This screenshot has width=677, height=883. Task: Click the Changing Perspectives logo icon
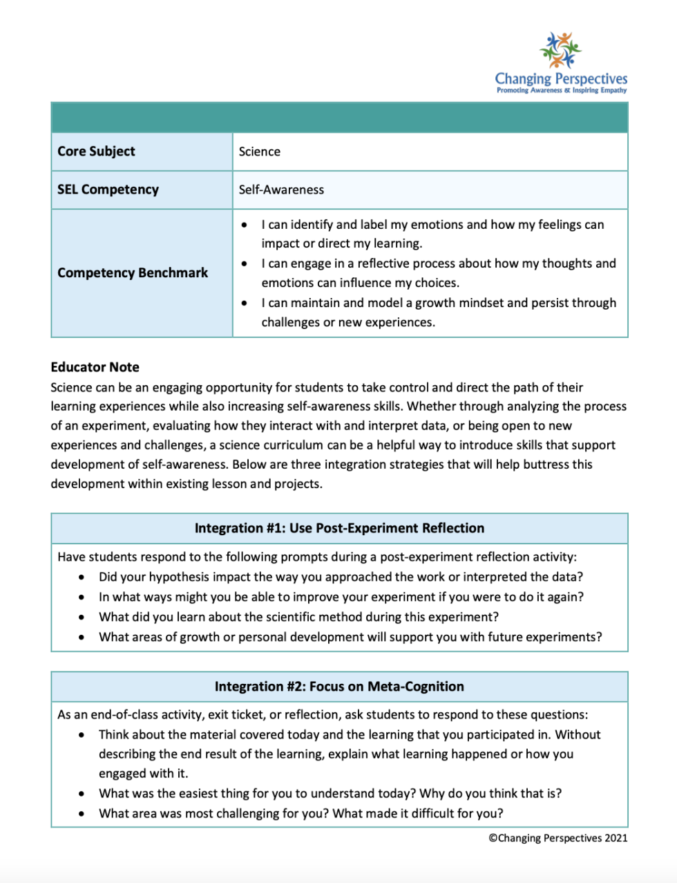tap(560, 50)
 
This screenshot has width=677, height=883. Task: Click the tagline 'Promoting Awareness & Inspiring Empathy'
tap(561, 91)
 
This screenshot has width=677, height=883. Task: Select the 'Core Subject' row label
tap(96, 151)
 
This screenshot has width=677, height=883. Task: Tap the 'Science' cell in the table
tap(260, 152)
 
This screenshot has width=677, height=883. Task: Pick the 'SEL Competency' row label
tap(108, 189)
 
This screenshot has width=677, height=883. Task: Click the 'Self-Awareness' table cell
tap(281, 190)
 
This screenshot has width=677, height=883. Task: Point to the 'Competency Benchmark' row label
tap(133, 273)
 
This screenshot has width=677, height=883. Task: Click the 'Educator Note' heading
tap(95, 367)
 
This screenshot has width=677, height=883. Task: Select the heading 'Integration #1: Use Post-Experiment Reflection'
tap(339, 528)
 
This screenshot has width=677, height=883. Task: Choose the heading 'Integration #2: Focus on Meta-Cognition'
tap(339, 687)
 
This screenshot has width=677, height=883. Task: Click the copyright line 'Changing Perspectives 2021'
tap(558, 838)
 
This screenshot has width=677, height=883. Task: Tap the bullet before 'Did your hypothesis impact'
tap(82, 577)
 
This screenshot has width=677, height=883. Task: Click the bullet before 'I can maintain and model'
tap(245, 304)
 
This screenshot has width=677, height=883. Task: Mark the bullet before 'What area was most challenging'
tap(82, 814)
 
